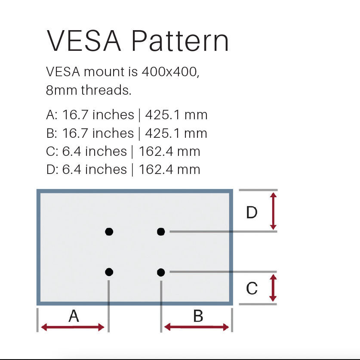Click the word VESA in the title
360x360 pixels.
point(84,40)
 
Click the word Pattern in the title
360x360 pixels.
point(180,40)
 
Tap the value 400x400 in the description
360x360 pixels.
point(170,72)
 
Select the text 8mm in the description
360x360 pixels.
point(62,90)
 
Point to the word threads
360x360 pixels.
point(106,90)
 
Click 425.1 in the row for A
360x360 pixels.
point(163,115)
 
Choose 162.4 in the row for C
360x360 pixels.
point(156,151)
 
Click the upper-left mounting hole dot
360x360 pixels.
point(109,232)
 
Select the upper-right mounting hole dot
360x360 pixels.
point(161,232)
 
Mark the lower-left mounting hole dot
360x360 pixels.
point(109,272)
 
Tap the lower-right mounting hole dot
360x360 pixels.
point(161,272)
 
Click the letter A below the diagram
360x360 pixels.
point(74,316)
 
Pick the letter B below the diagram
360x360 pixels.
point(198,316)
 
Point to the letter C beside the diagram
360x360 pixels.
point(252,288)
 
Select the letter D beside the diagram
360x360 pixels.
point(252,212)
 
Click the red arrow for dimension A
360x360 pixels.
point(73,327)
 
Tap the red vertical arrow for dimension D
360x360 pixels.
point(273,211)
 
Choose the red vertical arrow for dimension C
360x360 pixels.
point(273,288)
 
